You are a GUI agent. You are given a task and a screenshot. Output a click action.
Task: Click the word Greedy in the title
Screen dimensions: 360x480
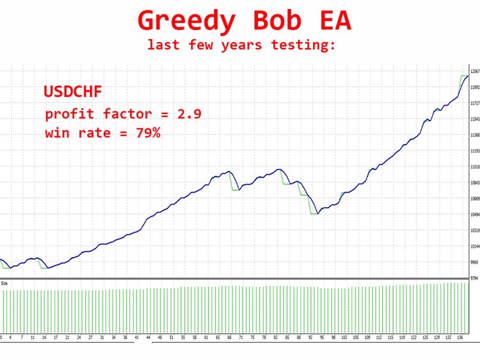click(185, 22)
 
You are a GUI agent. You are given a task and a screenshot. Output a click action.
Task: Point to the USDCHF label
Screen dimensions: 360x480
click(73, 92)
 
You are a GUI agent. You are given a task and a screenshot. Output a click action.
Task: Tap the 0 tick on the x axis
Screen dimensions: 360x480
click(1, 338)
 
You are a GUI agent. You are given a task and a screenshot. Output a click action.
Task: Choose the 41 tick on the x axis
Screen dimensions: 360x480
click(137, 338)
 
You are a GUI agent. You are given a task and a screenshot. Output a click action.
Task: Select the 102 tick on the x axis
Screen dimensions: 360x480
click(344, 338)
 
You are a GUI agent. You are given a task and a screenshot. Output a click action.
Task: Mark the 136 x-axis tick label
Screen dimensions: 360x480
click(460, 338)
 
